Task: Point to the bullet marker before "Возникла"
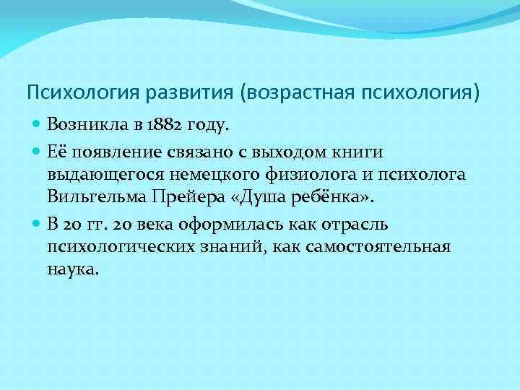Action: [38, 125]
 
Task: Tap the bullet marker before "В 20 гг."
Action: [38, 223]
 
